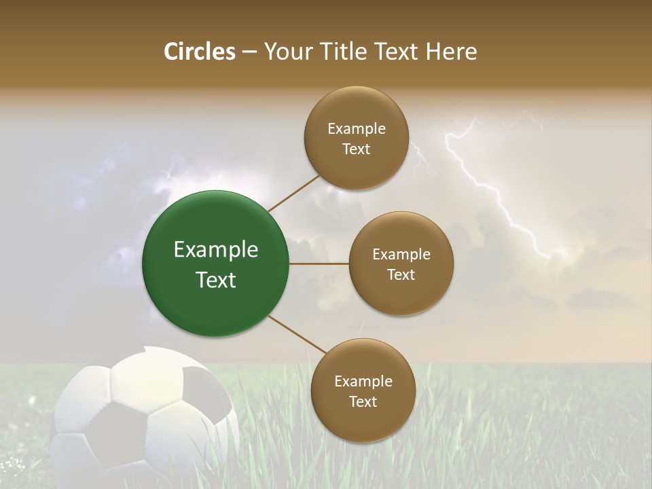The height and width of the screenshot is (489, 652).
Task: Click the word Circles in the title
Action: (x=199, y=52)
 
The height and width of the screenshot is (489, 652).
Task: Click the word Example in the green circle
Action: (x=215, y=250)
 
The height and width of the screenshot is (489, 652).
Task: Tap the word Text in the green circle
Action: (x=215, y=280)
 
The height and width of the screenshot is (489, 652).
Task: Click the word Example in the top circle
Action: (x=356, y=129)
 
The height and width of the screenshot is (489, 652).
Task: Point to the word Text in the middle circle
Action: (x=401, y=275)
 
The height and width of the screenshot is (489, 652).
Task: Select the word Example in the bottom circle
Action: (x=363, y=382)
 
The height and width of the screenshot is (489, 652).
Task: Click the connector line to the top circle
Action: (x=293, y=193)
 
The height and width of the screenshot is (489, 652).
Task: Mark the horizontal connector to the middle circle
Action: (x=319, y=264)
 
